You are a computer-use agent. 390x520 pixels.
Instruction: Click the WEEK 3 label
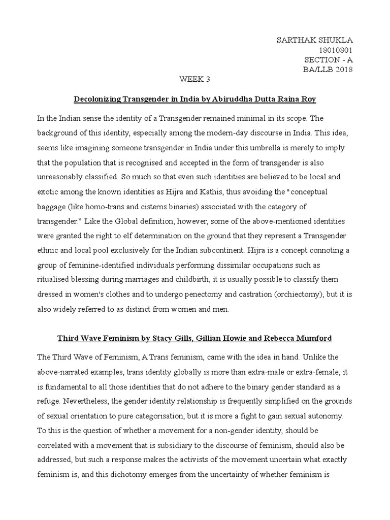(194, 79)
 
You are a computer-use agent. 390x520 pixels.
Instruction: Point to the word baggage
(52, 194)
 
